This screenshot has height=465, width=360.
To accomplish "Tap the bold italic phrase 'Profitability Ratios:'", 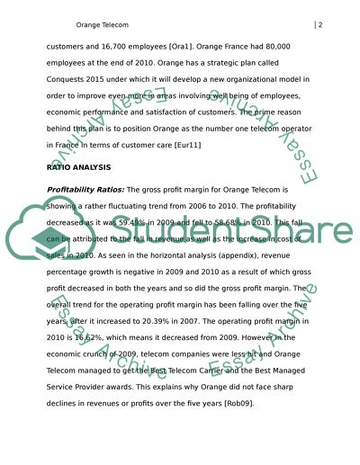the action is point(80,190).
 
